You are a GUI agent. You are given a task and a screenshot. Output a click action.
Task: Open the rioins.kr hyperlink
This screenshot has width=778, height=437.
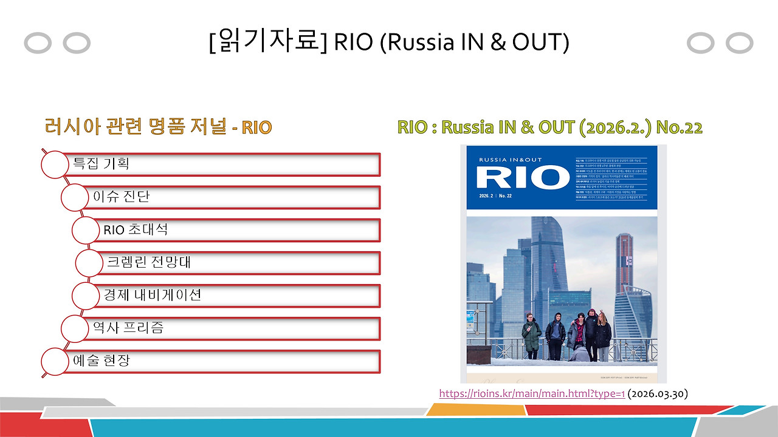532,394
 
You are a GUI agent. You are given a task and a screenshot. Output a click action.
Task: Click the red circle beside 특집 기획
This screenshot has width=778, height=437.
54,164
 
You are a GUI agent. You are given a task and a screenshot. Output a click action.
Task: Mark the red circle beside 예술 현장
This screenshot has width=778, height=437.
54,361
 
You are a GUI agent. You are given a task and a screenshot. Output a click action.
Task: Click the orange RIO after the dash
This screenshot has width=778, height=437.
256,128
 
